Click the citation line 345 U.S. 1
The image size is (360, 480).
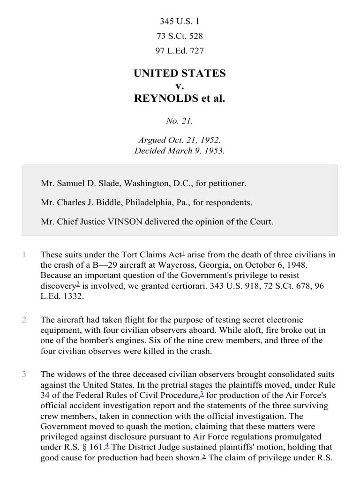point(180,22)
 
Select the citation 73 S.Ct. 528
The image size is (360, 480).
point(180,36)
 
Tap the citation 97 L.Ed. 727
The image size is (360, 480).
point(180,51)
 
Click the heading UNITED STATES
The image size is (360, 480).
point(180,74)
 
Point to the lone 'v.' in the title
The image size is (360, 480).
point(180,86)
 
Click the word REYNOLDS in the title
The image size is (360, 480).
point(165,99)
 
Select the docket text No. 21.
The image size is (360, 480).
point(180,121)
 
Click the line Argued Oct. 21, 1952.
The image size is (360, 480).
point(180,140)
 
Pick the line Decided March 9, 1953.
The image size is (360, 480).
point(180,151)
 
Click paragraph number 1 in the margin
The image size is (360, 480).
point(23,255)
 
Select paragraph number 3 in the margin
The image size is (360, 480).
point(23,374)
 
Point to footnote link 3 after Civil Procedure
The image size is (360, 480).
point(202,393)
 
